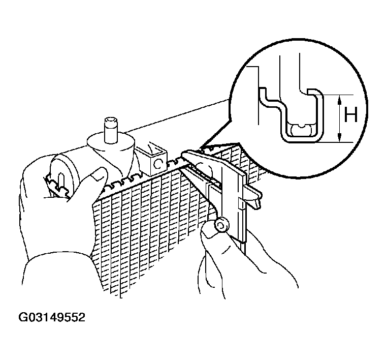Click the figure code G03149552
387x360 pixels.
pyautogui.click(x=52, y=318)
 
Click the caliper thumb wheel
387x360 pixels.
pyautogui.click(x=221, y=225)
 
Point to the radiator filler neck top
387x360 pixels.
pyautogui.click(x=111, y=122)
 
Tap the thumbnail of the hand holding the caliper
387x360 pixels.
pyautogui.click(x=209, y=233)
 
